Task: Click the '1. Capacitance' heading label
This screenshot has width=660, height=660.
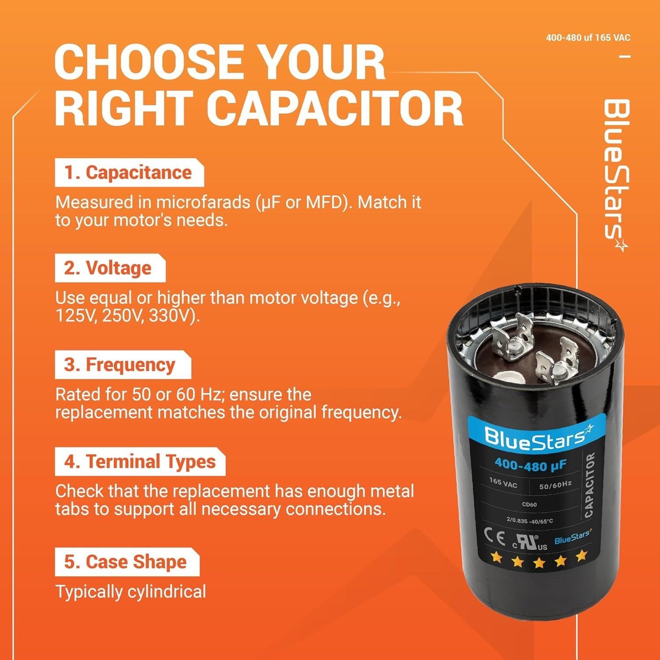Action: (128, 172)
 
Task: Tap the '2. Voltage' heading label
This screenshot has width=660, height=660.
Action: (108, 268)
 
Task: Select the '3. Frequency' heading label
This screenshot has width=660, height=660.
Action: (120, 365)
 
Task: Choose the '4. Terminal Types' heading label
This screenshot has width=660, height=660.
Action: (140, 462)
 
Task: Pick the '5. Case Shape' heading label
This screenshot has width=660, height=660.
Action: (126, 562)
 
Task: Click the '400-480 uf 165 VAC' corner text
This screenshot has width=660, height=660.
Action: (588, 38)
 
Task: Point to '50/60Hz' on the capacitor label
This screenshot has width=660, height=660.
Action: (555, 485)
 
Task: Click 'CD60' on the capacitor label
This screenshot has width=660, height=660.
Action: (529, 504)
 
